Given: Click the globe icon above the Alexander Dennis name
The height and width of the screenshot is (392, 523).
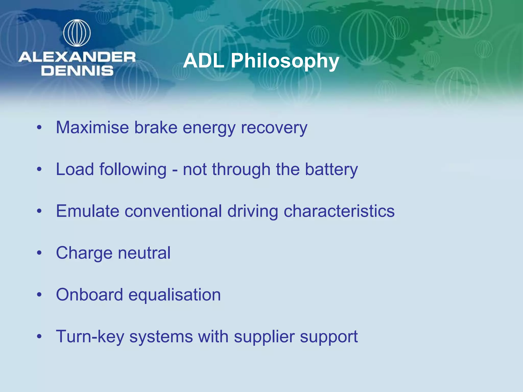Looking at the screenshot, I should [77, 33].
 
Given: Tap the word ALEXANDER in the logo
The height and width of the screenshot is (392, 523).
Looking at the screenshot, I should [77, 57].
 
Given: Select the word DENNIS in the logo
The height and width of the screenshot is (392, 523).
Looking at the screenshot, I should [77, 71].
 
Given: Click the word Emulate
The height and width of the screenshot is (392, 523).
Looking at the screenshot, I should [88, 211].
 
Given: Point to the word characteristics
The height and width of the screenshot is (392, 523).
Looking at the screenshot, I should [339, 211].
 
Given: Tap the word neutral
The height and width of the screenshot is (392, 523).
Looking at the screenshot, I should [144, 253].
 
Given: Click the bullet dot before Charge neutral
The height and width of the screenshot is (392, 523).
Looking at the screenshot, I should [39, 253].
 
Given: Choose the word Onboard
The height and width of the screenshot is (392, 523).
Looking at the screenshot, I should [89, 295].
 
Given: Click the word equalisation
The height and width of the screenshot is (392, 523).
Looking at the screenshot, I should [174, 295].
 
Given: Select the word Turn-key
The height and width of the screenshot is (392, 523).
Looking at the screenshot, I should [90, 337].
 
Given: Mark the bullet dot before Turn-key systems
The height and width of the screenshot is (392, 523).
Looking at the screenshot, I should [39, 336].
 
